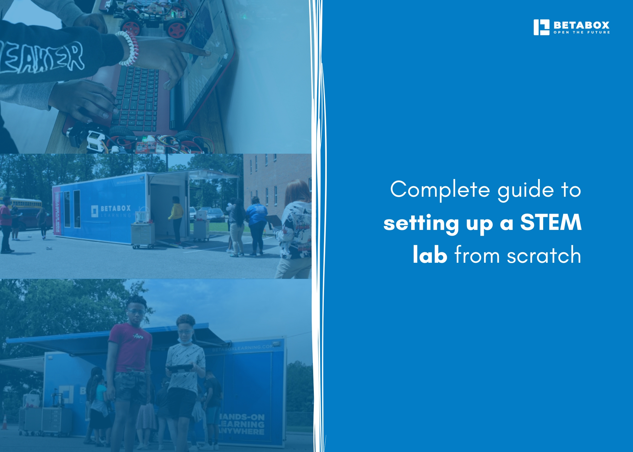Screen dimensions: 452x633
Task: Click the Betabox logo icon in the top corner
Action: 541,27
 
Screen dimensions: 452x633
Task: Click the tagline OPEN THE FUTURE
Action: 581,32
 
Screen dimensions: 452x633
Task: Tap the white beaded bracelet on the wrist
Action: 128,49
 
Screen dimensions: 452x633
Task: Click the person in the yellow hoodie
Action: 176,217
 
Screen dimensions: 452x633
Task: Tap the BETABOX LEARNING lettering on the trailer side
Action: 112,211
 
